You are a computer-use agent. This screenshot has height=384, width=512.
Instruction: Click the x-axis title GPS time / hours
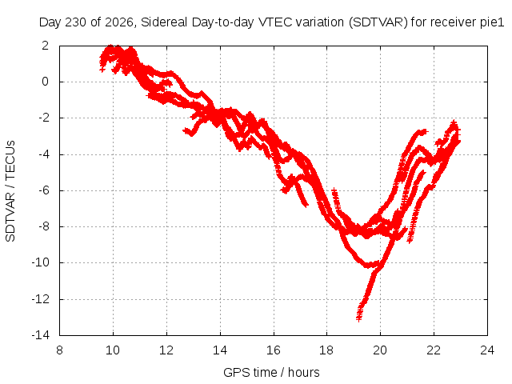tap(271, 372)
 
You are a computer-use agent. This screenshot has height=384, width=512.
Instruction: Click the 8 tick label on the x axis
tap(59, 350)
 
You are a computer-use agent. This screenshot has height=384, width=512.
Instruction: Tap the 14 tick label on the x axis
tap(220, 350)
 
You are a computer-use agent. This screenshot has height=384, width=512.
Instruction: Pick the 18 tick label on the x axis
tap(326, 350)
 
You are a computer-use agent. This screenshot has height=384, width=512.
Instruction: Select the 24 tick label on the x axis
tap(487, 350)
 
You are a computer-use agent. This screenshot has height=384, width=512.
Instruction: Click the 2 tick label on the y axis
tap(45, 46)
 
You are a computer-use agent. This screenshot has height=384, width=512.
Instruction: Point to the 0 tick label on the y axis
tap(45, 82)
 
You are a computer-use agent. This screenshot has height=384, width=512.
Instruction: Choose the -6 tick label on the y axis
tap(44, 190)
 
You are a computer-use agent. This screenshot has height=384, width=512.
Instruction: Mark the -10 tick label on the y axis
tap(41, 262)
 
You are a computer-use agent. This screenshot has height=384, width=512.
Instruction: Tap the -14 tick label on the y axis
tap(41, 335)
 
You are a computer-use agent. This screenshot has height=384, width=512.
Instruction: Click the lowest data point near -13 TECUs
tap(359, 318)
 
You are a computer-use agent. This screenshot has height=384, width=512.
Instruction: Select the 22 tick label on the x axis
tap(434, 350)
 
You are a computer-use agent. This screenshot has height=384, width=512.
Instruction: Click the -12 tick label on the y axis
tap(41, 299)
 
